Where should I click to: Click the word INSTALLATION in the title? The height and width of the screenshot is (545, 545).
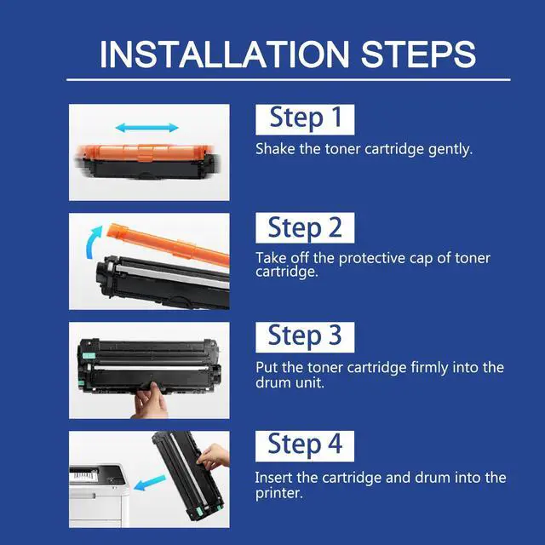(224, 54)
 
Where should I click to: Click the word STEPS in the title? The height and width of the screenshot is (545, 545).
(418, 54)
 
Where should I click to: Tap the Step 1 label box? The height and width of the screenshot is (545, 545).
(305, 119)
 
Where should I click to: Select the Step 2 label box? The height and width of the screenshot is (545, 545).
(305, 228)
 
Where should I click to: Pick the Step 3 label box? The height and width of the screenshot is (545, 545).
(305, 337)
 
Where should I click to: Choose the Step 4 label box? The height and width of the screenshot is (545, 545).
(305, 446)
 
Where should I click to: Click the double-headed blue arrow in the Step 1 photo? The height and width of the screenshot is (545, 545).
(147, 128)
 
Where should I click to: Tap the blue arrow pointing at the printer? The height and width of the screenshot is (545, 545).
(150, 483)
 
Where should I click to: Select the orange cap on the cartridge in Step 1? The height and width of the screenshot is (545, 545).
(146, 153)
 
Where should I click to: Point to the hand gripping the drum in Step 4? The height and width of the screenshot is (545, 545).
(213, 456)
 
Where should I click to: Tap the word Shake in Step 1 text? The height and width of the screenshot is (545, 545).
(275, 149)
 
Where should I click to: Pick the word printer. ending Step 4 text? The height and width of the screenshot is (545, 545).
(279, 494)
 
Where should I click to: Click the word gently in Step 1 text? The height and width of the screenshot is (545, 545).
(450, 150)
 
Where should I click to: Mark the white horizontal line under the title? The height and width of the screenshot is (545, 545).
(289, 79)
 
